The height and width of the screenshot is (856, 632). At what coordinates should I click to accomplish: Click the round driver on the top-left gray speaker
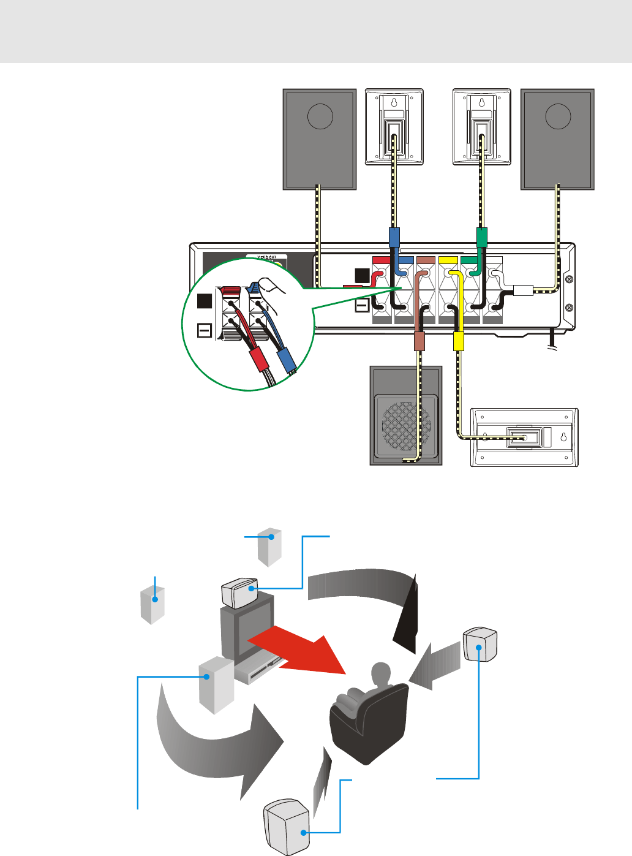pyautogui.click(x=320, y=116)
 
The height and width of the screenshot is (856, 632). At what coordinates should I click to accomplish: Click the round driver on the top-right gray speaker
pyautogui.click(x=557, y=116)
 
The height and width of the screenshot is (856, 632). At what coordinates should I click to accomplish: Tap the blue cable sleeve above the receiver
pyautogui.click(x=395, y=237)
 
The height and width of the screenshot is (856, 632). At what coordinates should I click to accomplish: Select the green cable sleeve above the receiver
pyautogui.click(x=481, y=237)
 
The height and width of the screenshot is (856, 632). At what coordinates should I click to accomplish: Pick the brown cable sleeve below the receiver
pyautogui.click(x=419, y=340)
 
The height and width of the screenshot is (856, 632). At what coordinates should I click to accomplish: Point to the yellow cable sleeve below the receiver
pyautogui.click(x=458, y=341)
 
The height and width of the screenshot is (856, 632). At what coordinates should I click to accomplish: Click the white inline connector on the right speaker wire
pyautogui.click(x=524, y=290)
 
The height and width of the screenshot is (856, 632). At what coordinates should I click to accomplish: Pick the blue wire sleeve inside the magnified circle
pyautogui.click(x=286, y=362)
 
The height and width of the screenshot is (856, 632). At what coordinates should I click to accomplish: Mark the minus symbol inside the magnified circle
pyautogui.click(x=205, y=331)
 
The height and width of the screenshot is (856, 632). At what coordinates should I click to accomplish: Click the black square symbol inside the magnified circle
pyautogui.click(x=205, y=301)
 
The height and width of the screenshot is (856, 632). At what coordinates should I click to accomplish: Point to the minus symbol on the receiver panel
pyautogui.click(x=362, y=305)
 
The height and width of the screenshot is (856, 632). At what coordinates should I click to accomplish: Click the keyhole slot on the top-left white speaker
pyautogui.click(x=394, y=103)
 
